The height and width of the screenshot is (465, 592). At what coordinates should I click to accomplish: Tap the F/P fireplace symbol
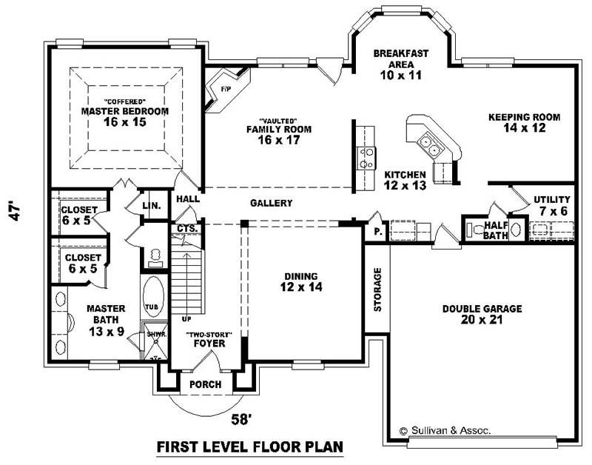tap(226, 90)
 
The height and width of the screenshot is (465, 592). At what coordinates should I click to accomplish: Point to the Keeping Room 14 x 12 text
tap(523, 123)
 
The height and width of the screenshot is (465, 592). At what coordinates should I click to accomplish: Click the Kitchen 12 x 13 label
tap(405, 180)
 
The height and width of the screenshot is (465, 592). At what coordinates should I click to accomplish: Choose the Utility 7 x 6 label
tap(551, 205)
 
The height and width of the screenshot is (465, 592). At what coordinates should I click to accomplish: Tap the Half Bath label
tap(495, 230)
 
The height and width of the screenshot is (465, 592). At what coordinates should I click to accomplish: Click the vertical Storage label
tap(377, 289)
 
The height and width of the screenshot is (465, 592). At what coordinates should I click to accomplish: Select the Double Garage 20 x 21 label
tap(482, 314)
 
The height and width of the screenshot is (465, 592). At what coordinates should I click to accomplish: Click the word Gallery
tap(271, 203)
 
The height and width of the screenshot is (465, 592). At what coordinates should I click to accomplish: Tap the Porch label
tap(205, 384)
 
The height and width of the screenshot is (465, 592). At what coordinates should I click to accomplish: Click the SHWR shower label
tap(155, 334)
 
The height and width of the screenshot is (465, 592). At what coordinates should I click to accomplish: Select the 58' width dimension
tap(241, 419)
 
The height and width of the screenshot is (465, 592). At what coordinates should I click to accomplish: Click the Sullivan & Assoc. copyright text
tap(444, 429)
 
